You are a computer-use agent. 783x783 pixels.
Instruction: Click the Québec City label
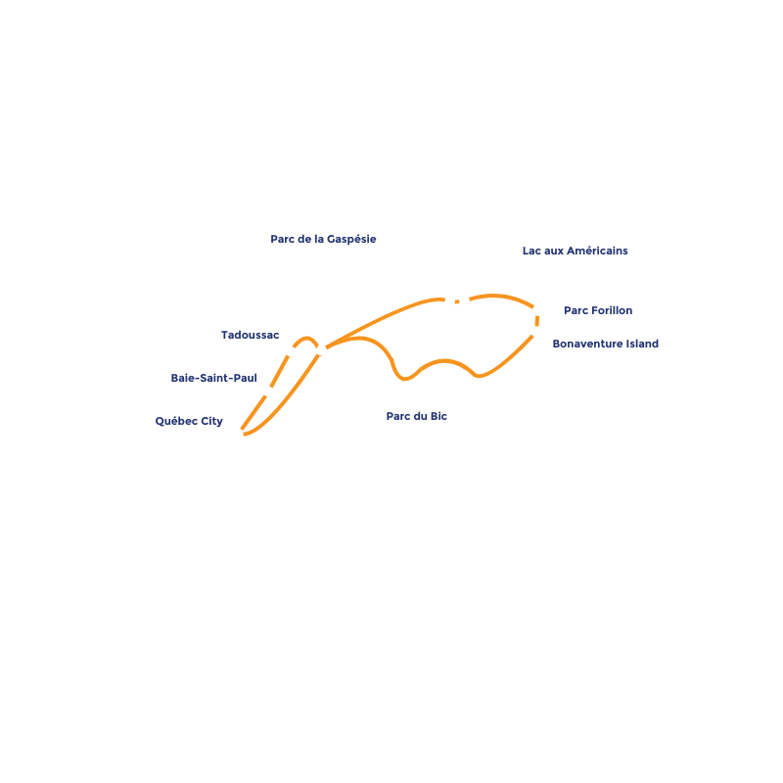click(x=189, y=422)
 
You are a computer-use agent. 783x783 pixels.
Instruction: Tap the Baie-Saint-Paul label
click(x=213, y=378)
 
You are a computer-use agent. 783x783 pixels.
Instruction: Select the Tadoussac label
click(x=250, y=335)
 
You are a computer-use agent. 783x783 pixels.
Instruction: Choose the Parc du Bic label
click(x=416, y=416)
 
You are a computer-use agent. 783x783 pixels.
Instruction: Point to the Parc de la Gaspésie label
click(x=322, y=239)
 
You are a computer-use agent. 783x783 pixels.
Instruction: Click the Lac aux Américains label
click(x=575, y=251)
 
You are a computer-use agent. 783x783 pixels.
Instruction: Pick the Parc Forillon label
click(x=597, y=310)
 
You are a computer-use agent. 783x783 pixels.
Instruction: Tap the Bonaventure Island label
click(x=605, y=344)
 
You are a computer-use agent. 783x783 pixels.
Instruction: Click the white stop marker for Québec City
click(x=238, y=434)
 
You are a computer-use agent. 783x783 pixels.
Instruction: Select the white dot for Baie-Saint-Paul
click(x=268, y=391)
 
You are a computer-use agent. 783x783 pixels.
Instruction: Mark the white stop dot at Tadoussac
click(x=290, y=351)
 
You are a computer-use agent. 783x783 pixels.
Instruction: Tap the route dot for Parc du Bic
click(x=321, y=350)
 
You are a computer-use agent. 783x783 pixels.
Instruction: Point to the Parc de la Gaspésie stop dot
click(x=449, y=302)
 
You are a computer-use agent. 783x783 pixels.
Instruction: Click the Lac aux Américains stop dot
click(x=465, y=300)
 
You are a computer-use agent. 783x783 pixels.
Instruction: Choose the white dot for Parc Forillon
click(x=537, y=310)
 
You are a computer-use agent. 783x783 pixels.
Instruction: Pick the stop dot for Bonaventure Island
click(x=536, y=332)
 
